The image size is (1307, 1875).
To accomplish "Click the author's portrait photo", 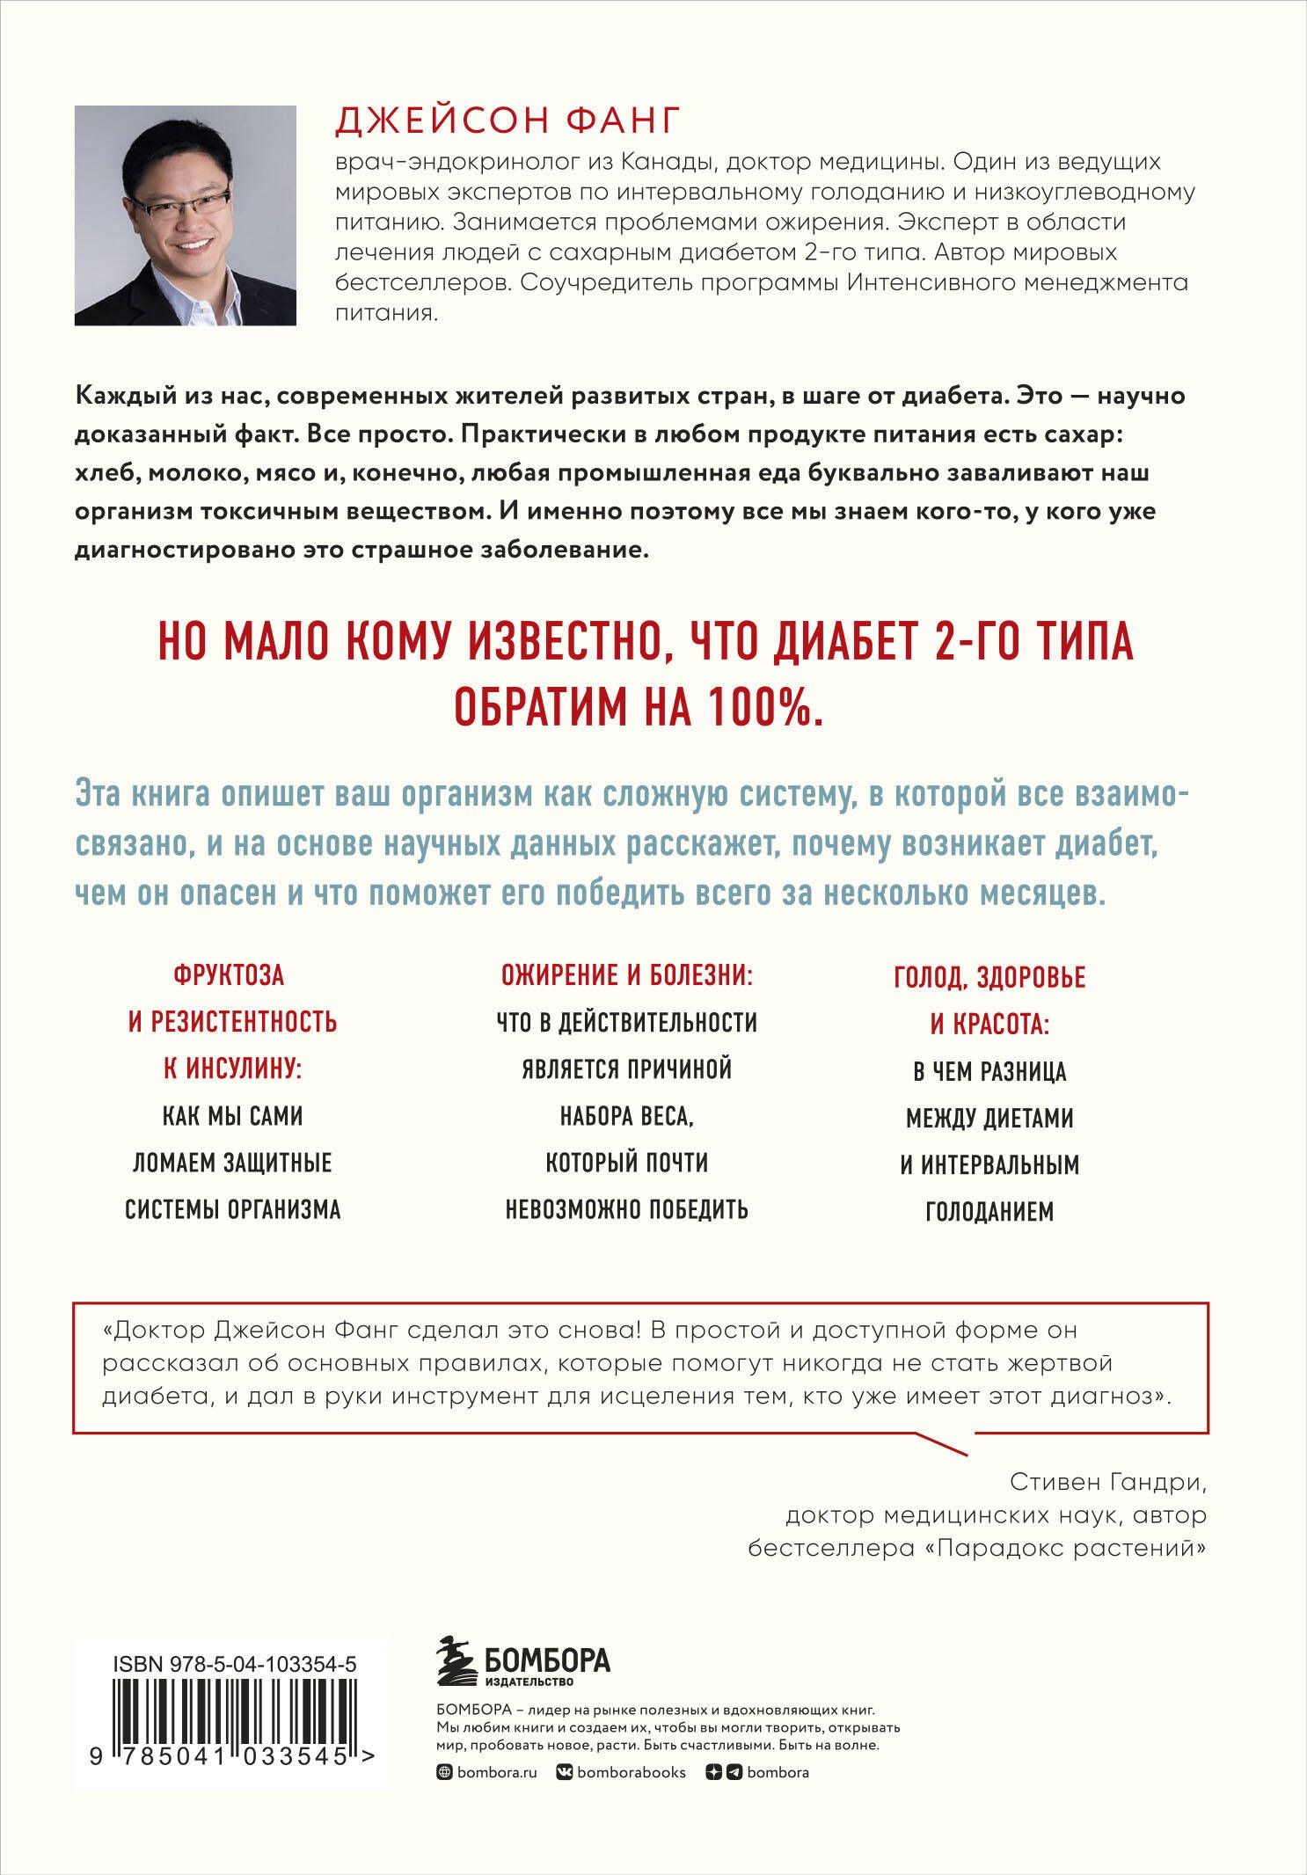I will [185, 215].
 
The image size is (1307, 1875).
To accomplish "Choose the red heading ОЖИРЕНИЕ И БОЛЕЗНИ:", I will [627, 975].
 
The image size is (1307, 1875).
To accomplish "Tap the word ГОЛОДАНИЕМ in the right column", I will [989, 1212].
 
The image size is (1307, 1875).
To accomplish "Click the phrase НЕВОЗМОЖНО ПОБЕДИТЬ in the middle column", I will [627, 1209].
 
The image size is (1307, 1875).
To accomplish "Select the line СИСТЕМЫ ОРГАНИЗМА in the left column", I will [232, 1209].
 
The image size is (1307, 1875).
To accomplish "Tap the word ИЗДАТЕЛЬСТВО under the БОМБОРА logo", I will [529, 1682].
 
